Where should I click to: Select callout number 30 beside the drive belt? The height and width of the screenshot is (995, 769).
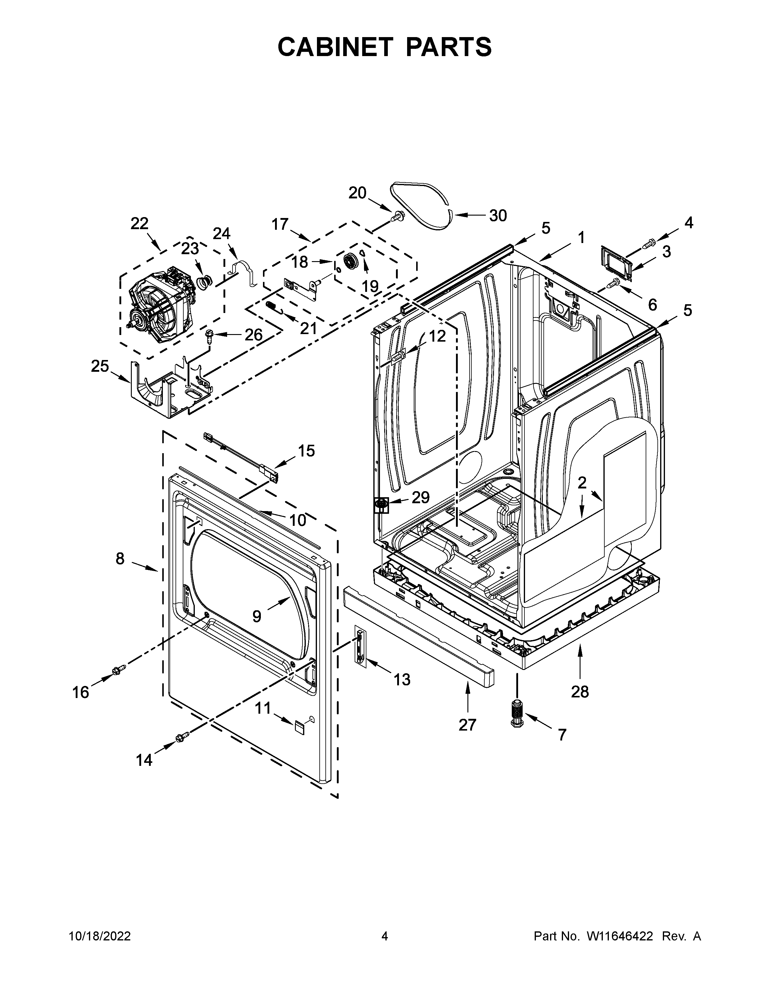click(x=498, y=216)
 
